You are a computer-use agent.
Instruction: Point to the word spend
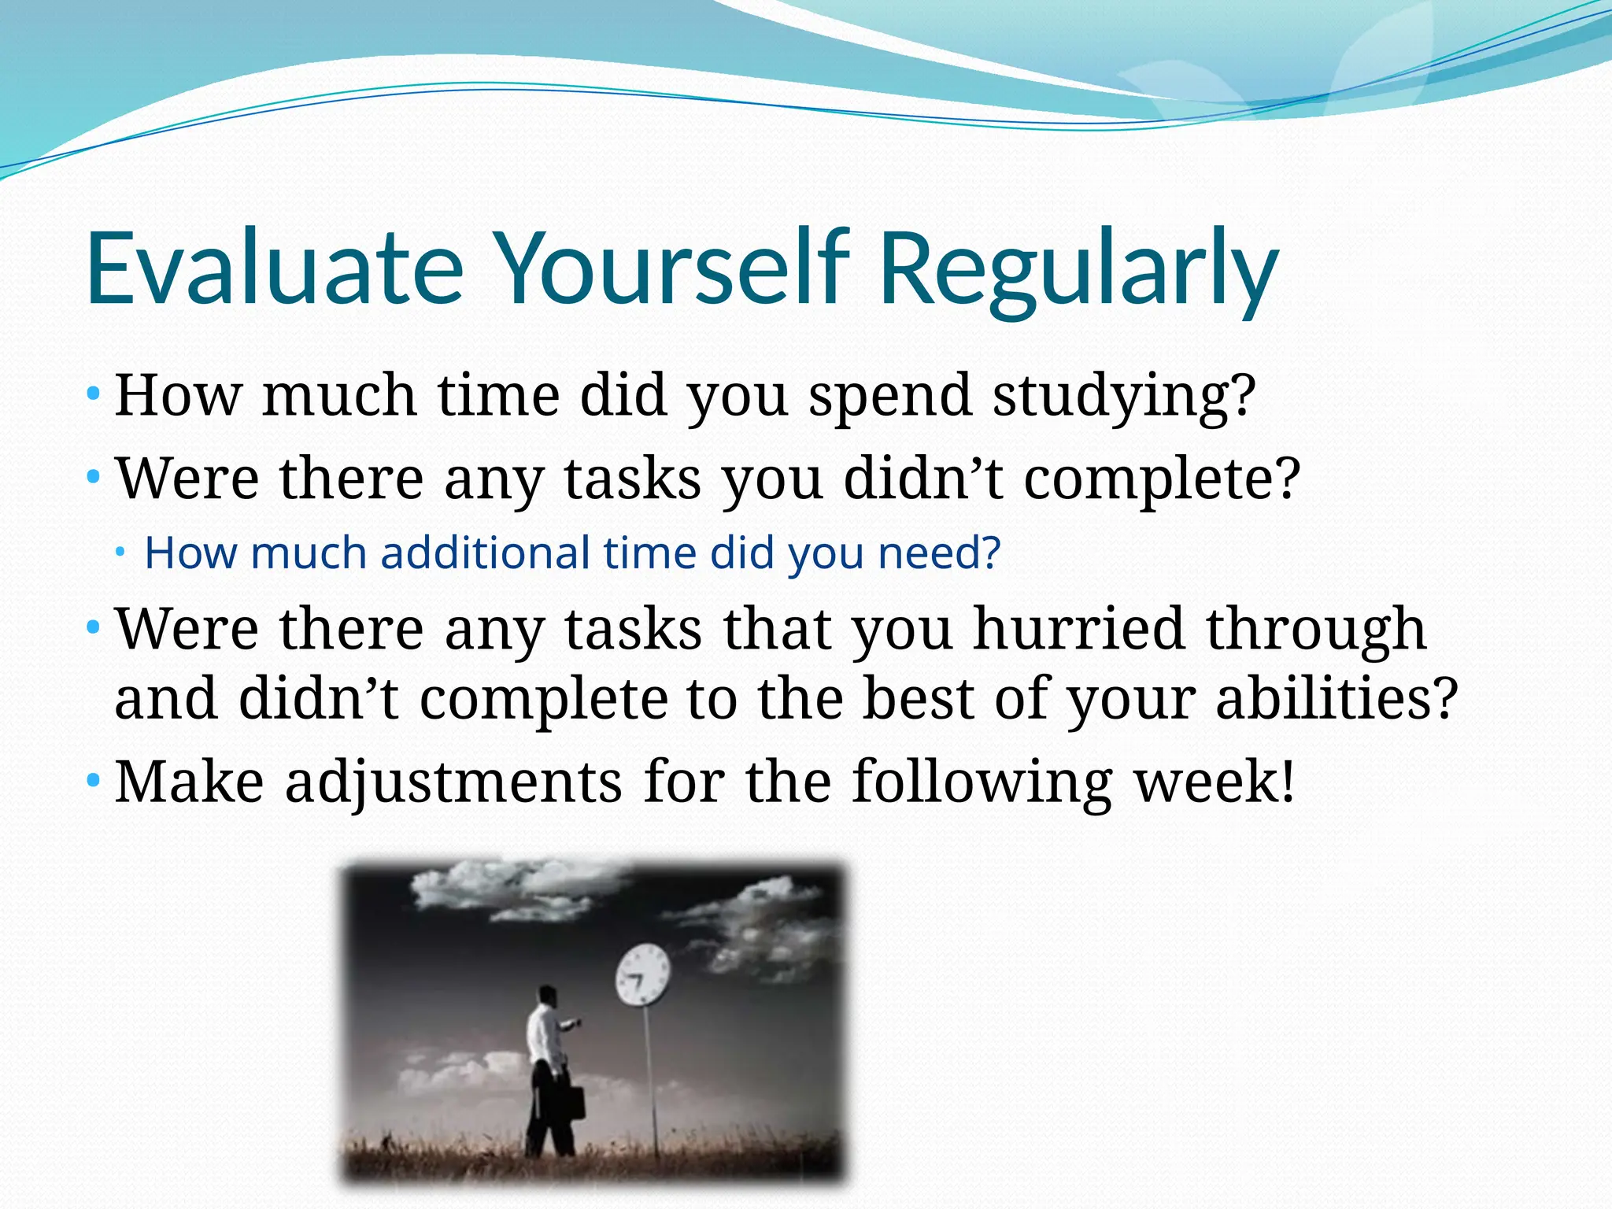tap(889, 396)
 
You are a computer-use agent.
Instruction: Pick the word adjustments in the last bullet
tap(453, 782)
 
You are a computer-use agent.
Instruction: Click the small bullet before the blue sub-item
tap(120, 553)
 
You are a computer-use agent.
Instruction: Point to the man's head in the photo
tap(547, 996)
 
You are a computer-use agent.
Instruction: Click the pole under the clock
tap(652, 1086)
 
